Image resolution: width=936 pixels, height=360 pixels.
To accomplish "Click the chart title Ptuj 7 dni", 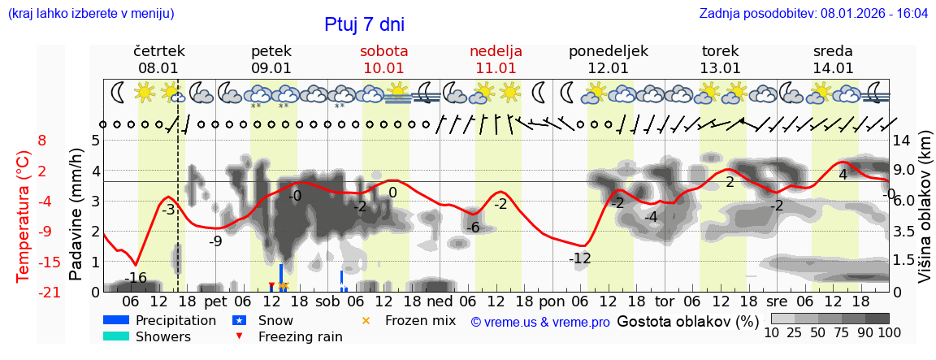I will click(364, 24).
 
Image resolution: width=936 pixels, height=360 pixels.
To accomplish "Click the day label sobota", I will click(383, 51).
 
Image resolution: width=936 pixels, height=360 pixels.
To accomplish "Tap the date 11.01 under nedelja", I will click(496, 68).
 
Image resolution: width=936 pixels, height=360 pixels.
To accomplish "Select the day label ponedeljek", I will click(609, 51).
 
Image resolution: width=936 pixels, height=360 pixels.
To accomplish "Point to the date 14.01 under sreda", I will click(833, 68).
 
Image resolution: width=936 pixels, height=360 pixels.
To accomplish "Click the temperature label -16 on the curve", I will click(136, 279).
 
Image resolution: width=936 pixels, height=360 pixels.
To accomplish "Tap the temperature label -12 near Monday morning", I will click(579, 258).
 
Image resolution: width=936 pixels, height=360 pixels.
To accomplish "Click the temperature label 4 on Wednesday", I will click(843, 175).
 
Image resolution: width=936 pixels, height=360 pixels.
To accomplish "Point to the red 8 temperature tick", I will click(42, 141).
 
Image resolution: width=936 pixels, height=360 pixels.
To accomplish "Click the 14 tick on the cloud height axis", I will click(902, 141).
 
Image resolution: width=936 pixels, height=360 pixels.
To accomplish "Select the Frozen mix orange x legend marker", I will click(366, 320).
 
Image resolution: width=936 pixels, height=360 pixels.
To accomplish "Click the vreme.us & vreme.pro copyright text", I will click(540, 323).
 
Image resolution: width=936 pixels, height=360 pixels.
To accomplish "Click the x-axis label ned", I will click(440, 301).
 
